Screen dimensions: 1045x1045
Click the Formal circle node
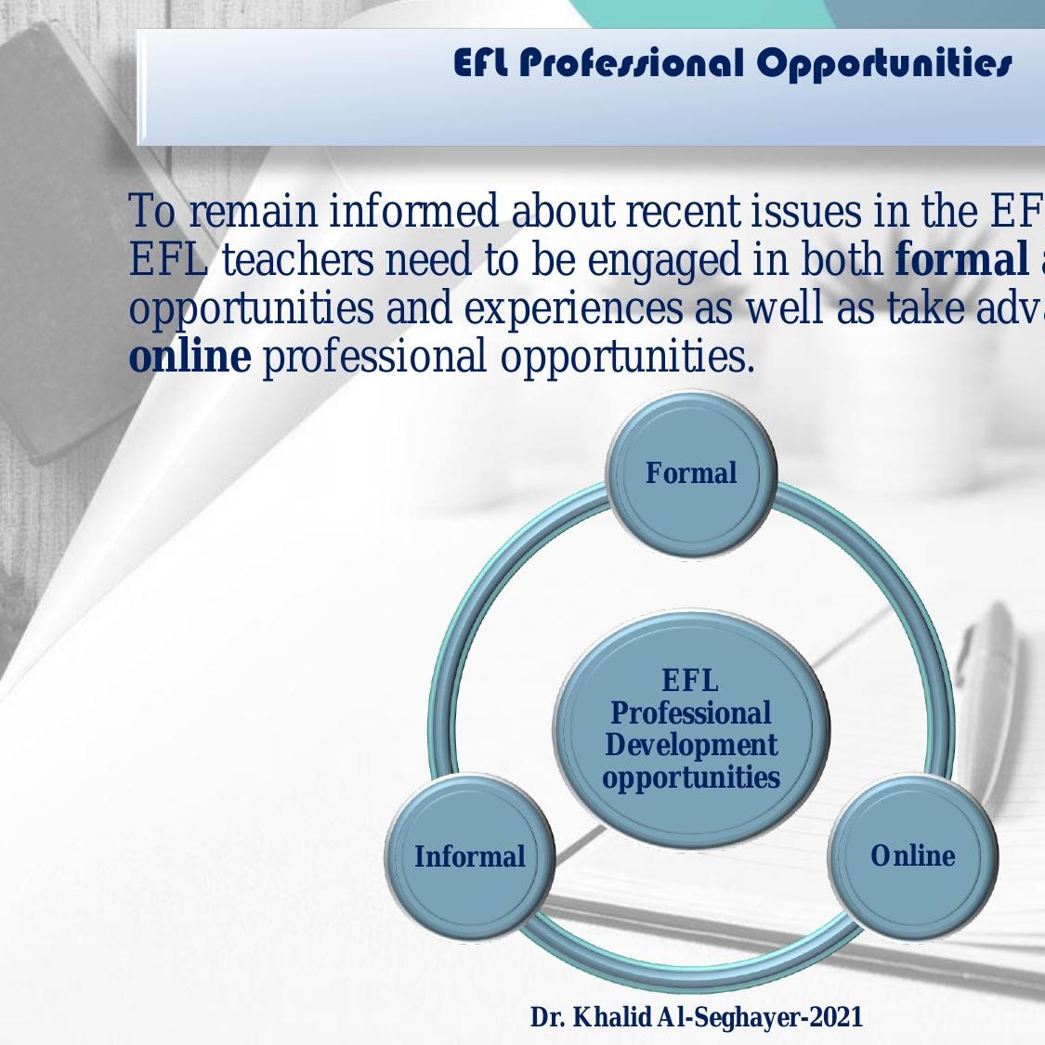(690, 474)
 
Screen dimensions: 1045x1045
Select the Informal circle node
(469, 856)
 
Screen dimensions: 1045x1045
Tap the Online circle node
(912, 856)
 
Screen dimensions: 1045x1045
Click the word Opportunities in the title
(883, 63)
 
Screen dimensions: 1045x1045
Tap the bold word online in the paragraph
(189, 357)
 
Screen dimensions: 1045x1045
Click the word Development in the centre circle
(691, 745)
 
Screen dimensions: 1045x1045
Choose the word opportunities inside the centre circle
(691, 777)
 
